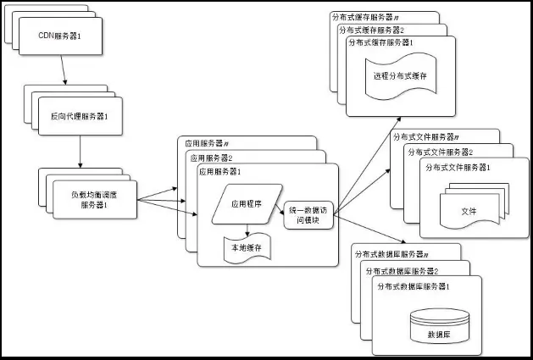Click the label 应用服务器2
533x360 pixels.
click(213, 157)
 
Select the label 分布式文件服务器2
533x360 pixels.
click(439, 152)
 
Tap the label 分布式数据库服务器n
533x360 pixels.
click(391, 253)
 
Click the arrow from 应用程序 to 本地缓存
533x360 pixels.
click(246, 229)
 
